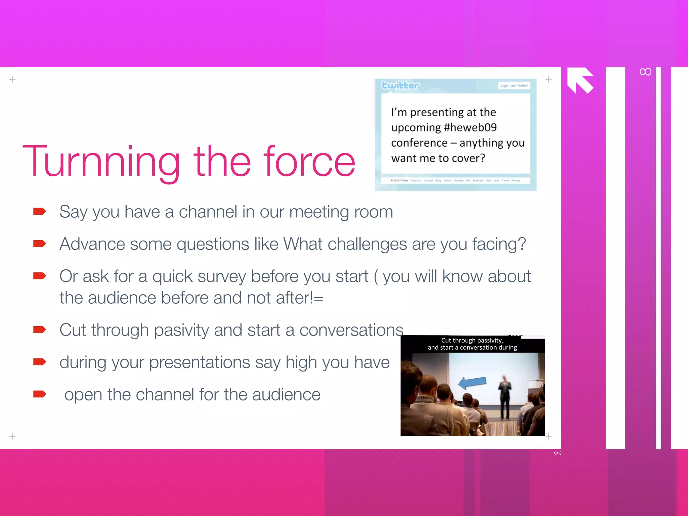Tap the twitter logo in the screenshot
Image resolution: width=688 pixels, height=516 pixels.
click(400, 85)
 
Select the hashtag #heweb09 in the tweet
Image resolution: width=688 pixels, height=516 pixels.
click(470, 127)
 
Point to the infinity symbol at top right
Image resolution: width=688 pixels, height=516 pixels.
click(645, 72)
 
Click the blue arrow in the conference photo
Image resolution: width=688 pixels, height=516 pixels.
click(472, 382)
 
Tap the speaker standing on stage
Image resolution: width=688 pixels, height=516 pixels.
click(505, 396)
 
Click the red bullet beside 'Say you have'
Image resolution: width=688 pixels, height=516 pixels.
click(39, 211)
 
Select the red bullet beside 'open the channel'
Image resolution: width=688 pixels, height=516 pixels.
click(39, 394)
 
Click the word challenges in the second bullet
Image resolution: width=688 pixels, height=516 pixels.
click(367, 244)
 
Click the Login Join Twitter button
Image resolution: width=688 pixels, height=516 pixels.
click(514, 86)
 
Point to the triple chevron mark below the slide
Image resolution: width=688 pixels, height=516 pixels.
click(557, 453)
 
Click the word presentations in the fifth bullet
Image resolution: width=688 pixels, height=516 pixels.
click(200, 363)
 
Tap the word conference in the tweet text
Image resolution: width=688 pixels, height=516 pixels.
click(419, 143)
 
